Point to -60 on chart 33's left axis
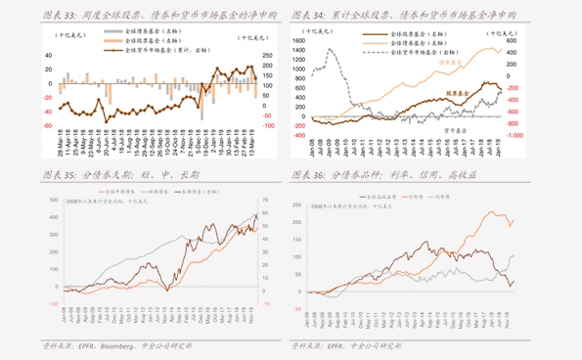click(47, 125)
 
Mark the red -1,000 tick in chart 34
click(516, 136)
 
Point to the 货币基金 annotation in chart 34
click(459, 129)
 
